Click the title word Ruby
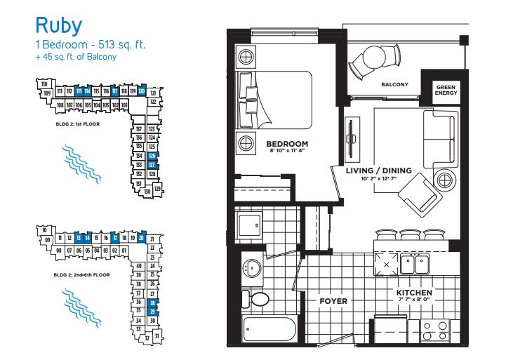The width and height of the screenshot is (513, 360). tap(59, 26)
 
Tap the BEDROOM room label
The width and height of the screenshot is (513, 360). tap(288, 144)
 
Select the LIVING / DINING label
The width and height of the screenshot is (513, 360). tap(379, 171)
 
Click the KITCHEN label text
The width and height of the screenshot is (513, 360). tap(413, 293)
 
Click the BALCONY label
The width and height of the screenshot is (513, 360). tap(394, 85)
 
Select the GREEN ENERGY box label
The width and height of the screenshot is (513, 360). tap(445, 89)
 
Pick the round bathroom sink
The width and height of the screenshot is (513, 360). tap(252, 267)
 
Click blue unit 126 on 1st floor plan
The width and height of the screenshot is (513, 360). tap(152, 155)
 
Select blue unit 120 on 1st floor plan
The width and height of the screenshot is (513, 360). tap(142, 91)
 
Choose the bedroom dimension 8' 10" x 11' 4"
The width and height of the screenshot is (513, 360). tap(288, 152)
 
